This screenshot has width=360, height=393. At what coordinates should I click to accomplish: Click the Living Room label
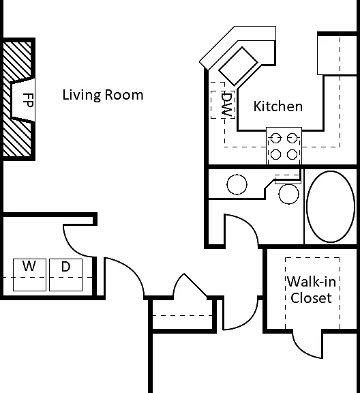103,96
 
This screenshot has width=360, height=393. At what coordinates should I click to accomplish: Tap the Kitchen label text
277,106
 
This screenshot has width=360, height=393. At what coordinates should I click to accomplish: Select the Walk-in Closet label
312,290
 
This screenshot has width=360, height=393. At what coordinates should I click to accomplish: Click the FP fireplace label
28,100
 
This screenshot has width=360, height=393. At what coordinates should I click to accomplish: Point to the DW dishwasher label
227,104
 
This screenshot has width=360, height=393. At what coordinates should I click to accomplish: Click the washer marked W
29,275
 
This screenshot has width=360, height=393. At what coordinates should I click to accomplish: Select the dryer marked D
65,275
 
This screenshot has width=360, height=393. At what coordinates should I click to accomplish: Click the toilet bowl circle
288,194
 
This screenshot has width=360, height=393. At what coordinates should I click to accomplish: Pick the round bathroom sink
237,184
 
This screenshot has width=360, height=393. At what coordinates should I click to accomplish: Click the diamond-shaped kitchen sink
238,66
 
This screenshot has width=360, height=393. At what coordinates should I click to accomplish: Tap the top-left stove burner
276,138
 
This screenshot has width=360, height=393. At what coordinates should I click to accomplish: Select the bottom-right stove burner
292,154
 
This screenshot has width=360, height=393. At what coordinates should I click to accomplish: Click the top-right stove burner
292,138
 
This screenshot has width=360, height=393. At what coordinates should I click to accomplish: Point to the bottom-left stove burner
276,154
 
